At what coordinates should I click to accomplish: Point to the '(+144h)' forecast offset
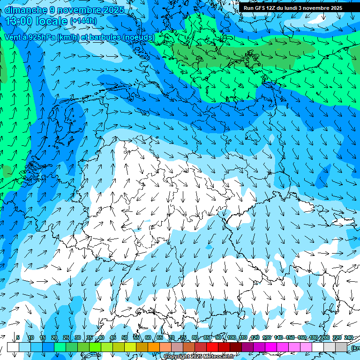(83, 21)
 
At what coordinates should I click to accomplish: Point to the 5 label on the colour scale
(18, 337)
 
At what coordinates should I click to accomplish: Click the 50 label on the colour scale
(125, 337)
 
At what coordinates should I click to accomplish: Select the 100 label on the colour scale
(232, 337)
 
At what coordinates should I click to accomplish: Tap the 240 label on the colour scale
(349, 337)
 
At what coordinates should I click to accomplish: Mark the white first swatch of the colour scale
(13, 347)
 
